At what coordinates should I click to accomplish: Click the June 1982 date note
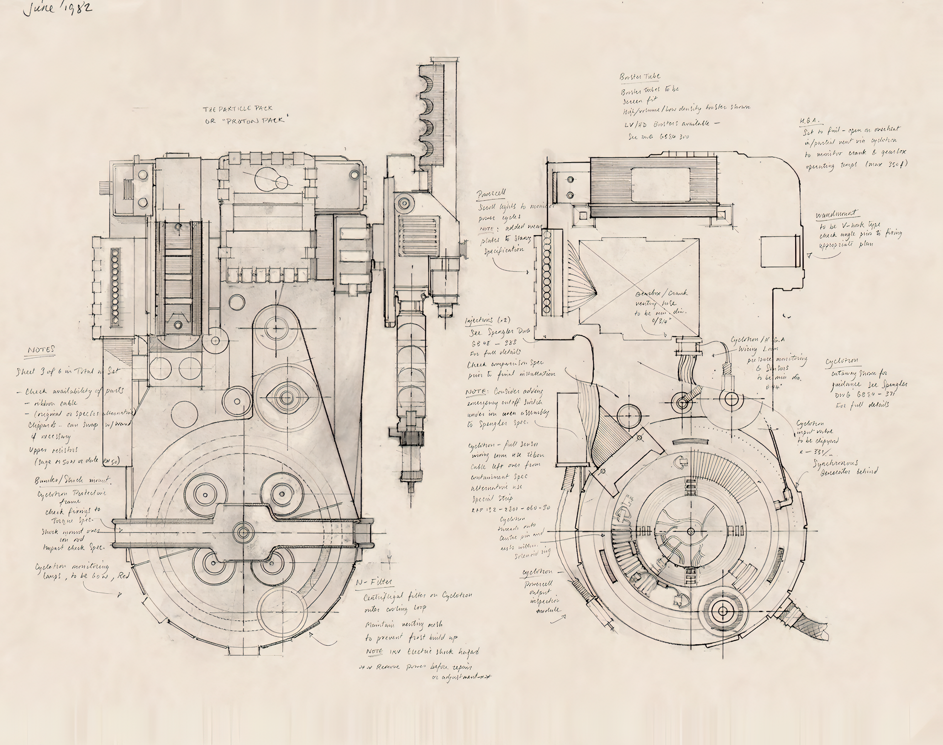(58, 8)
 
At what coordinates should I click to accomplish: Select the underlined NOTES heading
(42, 350)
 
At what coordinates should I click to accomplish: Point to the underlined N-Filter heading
(374, 583)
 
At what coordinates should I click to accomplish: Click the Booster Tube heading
(640, 77)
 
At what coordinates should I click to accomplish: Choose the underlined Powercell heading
(491, 194)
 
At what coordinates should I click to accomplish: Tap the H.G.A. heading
(809, 121)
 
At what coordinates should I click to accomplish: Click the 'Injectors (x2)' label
(487, 320)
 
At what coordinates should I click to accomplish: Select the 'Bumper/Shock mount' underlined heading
(72, 480)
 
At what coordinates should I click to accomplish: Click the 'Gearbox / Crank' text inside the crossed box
(661, 294)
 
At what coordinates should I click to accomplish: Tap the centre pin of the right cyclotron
(691, 531)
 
